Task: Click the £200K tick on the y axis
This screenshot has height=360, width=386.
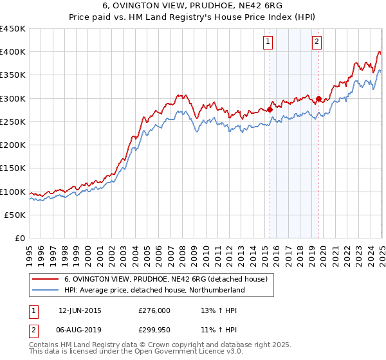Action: click(13, 145)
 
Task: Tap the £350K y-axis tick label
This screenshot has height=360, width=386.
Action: click(13, 75)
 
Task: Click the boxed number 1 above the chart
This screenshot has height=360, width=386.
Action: click(268, 42)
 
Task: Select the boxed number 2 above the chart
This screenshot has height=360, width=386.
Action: click(317, 42)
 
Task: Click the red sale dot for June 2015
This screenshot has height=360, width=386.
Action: click(270, 109)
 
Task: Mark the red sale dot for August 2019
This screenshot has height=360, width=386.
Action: click(318, 99)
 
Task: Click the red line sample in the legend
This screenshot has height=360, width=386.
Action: click(45, 279)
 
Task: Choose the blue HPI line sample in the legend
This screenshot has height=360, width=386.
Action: click(45, 290)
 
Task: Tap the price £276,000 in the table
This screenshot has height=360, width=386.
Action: click(154, 310)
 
